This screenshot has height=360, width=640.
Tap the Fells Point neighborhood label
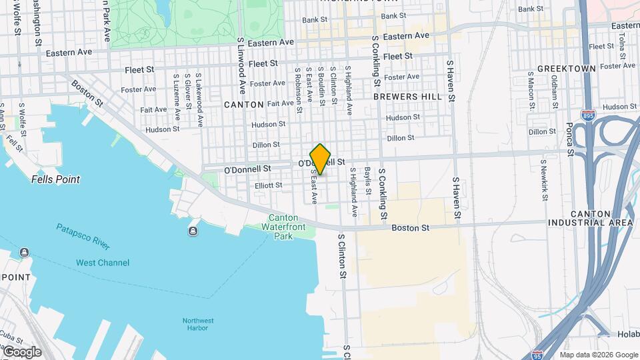pyautogui.click(x=56, y=179)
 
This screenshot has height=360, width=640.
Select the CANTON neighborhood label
pyautogui.click(x=244, y=105)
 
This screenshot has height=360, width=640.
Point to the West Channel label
pyautogui.click(x=103, y=263)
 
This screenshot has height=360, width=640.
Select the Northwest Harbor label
pyautogui.click(x=199, y=325)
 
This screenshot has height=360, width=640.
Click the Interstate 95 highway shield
pyautogui.click(x=537, y=354)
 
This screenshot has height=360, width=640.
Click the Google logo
pyautogui.click(x=22, y=352)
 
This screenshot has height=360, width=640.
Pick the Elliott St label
pyautogui.click(x=269, y=185)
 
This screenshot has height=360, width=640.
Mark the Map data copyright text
pyautogui.click(x=598, y=355)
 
